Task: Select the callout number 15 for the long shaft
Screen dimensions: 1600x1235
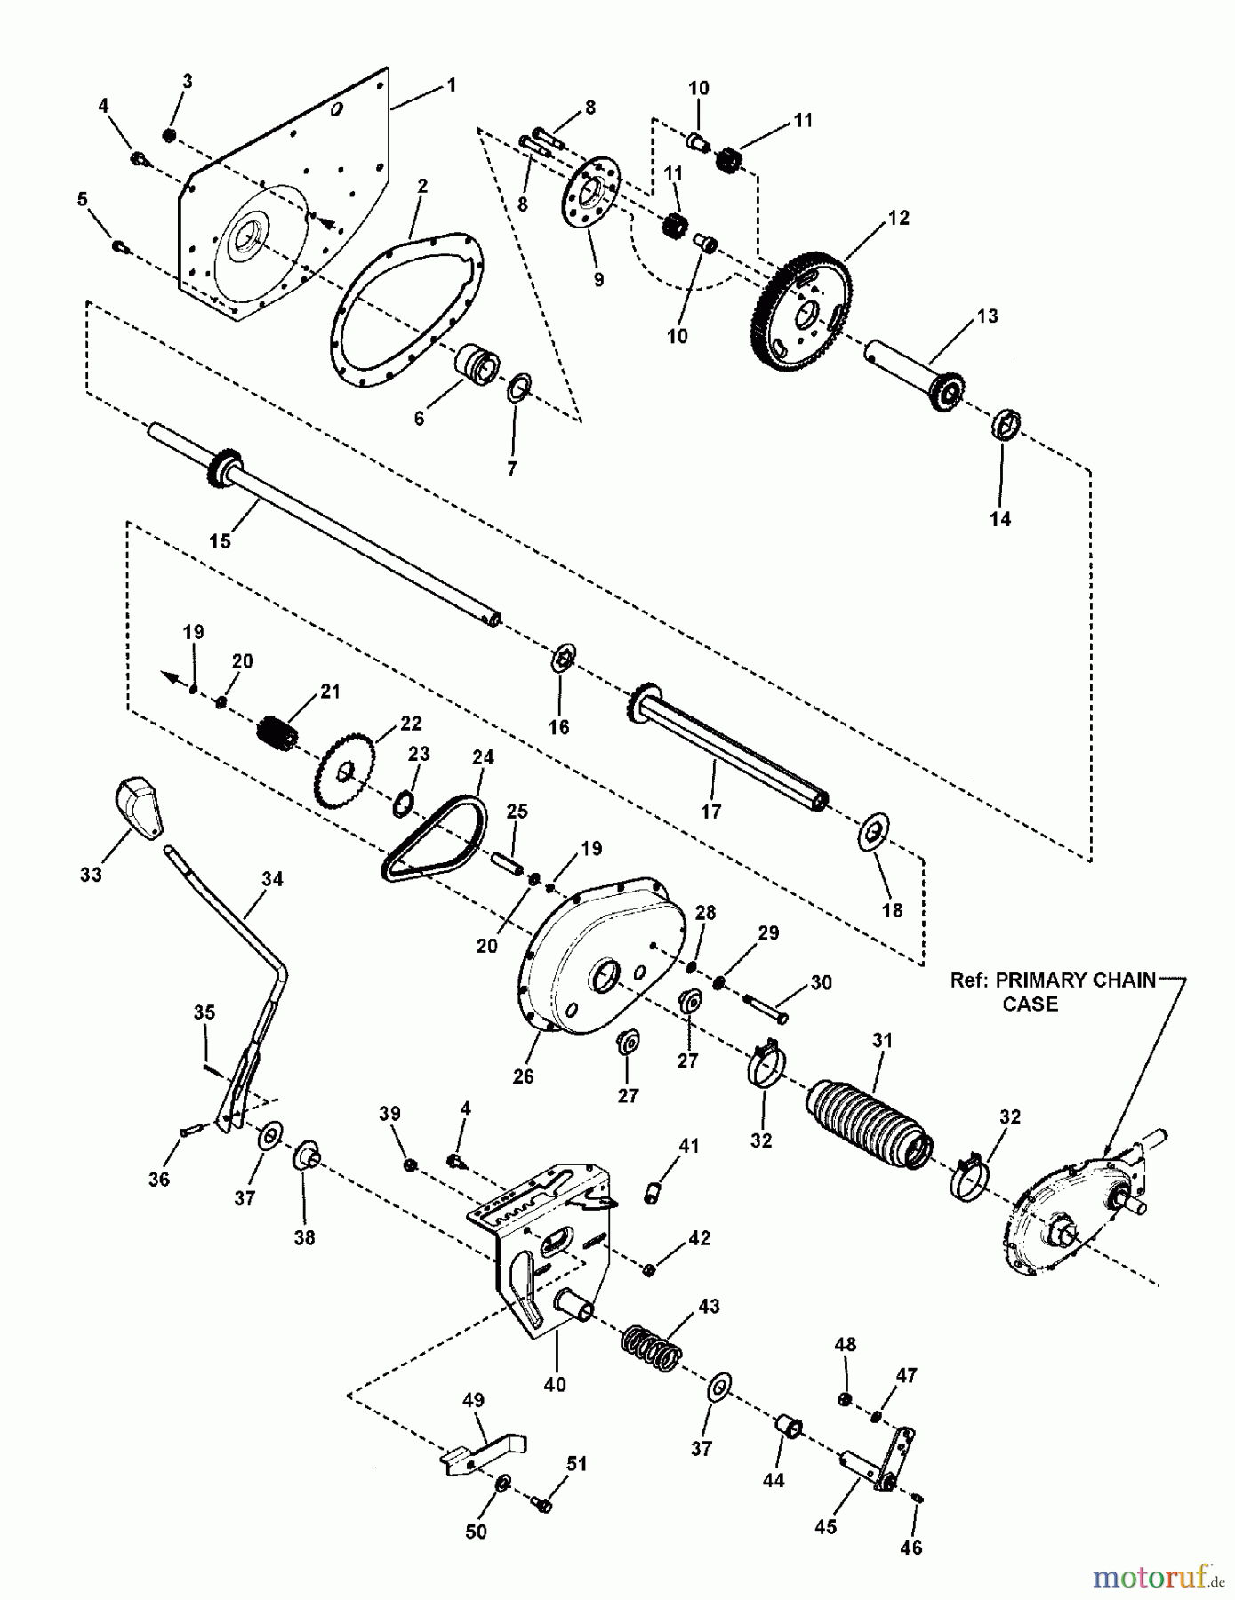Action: pyautogui.click(x=220, y=540)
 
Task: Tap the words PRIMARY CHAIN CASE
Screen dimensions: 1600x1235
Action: pyautogui.click(x=1054, y=992)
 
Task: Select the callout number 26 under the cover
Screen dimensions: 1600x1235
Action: pyautogui.click(x=524, y=1076)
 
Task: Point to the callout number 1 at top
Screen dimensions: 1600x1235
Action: pyautogui.click(x=451, y=85)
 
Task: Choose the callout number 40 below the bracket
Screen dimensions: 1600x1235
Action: pyautogui.click(x=555, y=1385)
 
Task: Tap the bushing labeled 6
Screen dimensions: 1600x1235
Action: pyautogui.click(x=477, y=366)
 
